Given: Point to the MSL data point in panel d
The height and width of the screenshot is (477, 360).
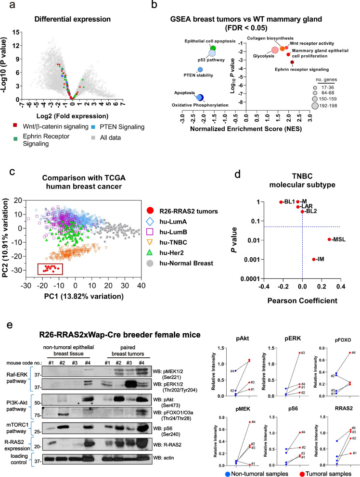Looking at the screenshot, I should pyautogui.click(x=329, y=239).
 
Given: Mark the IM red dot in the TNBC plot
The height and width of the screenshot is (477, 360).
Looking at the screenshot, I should pyautogui.click(x=314, y=259).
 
